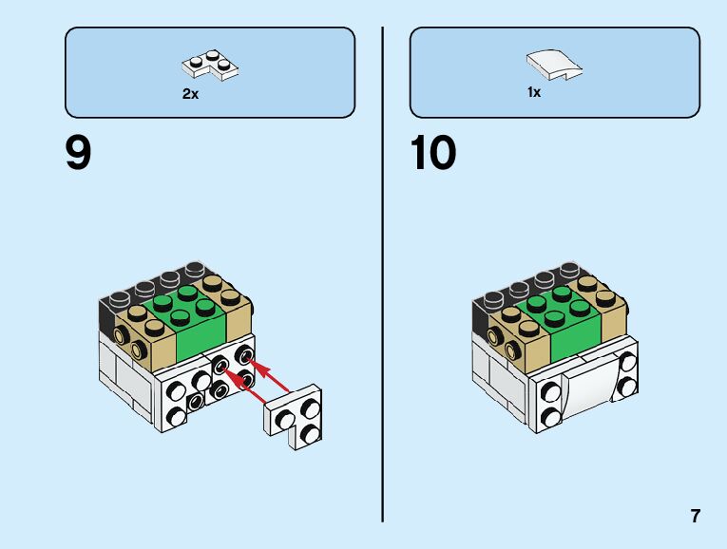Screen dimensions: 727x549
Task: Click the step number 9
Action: (79, 153)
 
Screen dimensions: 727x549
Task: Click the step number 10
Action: (433, 153)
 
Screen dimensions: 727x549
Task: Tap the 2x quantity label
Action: (190, 95)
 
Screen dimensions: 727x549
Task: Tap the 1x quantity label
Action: (534, 93)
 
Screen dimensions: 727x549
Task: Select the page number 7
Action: (696, 517)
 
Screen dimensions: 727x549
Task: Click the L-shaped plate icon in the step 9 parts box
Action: (210, 65)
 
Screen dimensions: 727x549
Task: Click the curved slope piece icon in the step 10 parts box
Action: (554, 65)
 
